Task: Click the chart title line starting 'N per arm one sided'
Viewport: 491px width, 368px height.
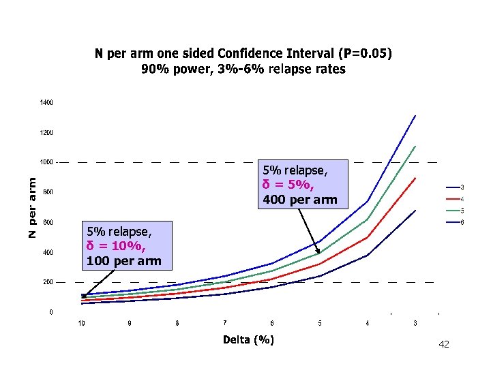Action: pos(243,54)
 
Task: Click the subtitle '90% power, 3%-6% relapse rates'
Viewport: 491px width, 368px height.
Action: pos(243,69)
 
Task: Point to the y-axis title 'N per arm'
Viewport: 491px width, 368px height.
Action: pos(32,204)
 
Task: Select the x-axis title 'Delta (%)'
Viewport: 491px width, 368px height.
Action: pos(248,339)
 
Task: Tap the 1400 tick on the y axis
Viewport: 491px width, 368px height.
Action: pos(46,102)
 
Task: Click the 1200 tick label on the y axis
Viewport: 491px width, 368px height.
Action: pos(46,132)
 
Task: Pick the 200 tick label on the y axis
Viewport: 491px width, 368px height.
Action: pos(48,281)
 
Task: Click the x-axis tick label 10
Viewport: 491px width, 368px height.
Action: pos(81,323)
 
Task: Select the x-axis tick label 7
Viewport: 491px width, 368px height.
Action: pos(224,322)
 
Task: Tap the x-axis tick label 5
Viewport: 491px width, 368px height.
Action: pos(320,323)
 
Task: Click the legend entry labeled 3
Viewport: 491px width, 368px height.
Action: pos(462,187)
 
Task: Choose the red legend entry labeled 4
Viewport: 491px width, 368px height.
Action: pos(462,198)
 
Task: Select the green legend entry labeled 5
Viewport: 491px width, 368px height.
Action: pos(462,210)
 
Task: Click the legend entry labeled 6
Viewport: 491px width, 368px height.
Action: pos(462,222)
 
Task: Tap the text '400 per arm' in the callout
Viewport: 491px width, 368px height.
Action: pos(299,200)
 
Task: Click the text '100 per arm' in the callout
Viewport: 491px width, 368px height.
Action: pos(123,260)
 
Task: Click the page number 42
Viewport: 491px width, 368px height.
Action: pos(444,345)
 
